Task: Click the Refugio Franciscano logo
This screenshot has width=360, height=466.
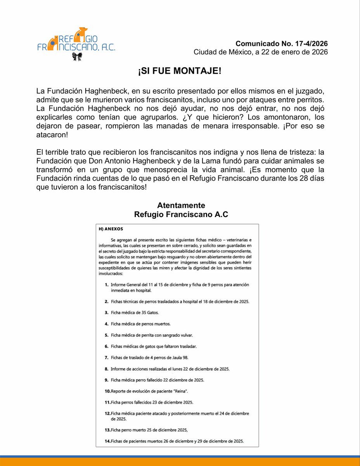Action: tap(76, 41)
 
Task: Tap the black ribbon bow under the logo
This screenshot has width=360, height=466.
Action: tap(77, 57)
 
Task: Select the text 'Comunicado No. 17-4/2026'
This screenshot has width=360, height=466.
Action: tap(281, 43)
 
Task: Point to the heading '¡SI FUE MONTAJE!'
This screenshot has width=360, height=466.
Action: tap(180, 73)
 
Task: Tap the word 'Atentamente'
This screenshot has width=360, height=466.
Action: tap(181, 205)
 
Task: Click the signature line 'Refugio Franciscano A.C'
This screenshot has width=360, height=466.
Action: tap(181, 214)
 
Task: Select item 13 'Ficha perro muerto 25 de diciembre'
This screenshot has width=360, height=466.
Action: tap(149, 430)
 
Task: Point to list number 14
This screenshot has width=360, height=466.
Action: tap(107, 441)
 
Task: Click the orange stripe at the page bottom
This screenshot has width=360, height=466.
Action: tap(180, 462)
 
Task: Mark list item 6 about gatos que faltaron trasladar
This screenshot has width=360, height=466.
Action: tap(154, 346)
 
